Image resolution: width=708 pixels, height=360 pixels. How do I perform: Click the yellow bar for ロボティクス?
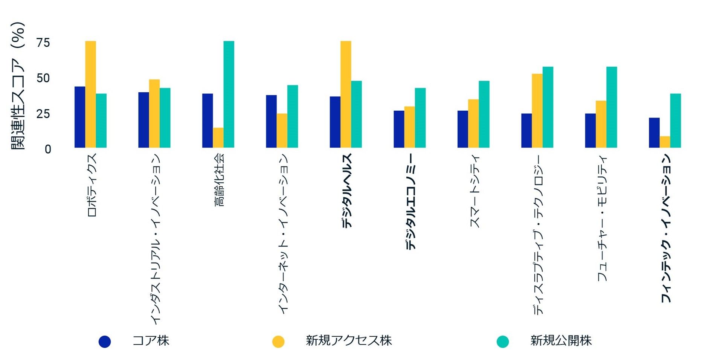(x=90, y=94)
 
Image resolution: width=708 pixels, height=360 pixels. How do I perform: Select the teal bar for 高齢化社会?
(x=229, y=94)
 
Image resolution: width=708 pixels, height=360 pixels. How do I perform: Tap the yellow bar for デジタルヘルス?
(x=346, y=94)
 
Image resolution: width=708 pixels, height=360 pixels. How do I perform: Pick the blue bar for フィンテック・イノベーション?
(x=654, y=133)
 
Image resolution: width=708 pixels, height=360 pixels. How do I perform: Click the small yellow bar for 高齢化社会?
(x=218, y=138)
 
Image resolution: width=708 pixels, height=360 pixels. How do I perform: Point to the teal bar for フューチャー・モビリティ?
(x=612, y=107)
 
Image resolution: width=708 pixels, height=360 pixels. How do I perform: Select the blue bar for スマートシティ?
(x=463, y=129)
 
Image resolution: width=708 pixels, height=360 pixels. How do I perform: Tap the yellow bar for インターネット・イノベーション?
(x=282, y=131)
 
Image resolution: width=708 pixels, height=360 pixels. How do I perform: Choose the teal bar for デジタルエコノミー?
(x=420, y=118)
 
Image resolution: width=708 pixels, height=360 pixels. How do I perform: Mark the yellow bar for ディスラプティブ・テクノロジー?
(x=537, y=111)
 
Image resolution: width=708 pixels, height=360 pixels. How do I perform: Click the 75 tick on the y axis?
(x=43, y=43)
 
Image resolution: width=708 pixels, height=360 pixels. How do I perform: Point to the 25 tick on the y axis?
(x=43, y=113)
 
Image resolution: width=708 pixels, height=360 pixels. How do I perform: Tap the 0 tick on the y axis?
(x=48, y=149)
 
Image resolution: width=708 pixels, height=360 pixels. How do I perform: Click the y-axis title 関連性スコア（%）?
(x=17, y=86)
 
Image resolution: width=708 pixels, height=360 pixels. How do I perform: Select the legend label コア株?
(x=151, y=340)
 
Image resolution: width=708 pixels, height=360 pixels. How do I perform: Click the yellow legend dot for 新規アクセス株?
(x=278, y=342)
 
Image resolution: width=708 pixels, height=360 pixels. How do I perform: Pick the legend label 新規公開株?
(x=561, y=340)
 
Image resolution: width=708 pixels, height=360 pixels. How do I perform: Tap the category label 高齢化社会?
(x=219, y=180)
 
